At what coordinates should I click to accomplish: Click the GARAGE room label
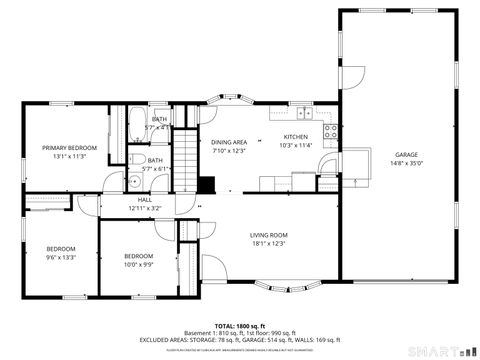click(x=406, y=155)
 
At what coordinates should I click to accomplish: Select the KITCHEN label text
click(x=296, y=137)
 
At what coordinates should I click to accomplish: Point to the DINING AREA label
click(x=229, y=142)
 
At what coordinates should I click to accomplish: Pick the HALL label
click(x=145, y=199)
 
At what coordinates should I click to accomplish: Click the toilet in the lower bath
click(x=136, y=159)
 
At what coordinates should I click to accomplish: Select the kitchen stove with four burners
click(x=330, y=131)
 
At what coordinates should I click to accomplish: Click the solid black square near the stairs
click(x=206, y=185)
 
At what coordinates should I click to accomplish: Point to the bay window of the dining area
click(x=228, y=101)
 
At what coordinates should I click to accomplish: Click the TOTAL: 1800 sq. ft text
click(x=239, y=327)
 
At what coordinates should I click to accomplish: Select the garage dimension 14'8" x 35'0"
click(x=406, y=163)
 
